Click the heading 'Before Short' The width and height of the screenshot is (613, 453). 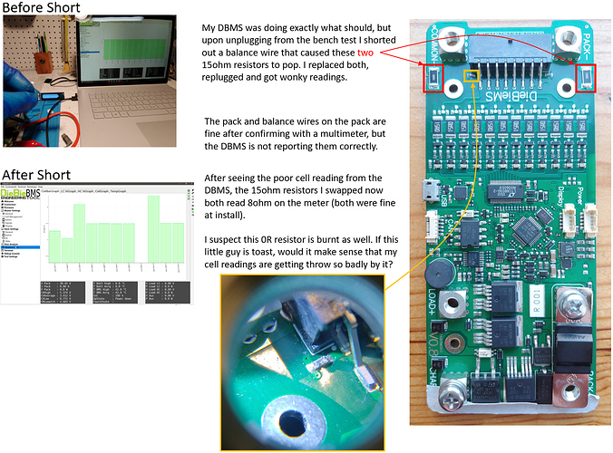point(41,8)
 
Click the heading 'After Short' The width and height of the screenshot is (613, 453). point(36,175)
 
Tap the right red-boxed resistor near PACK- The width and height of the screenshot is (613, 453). point(586,77)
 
